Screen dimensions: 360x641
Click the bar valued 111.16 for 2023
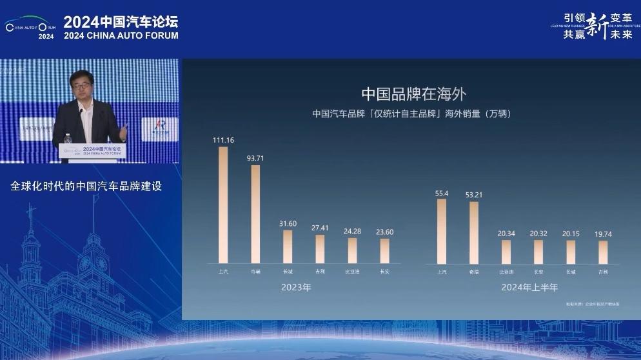tap(223, 205)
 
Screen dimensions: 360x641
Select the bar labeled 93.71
tap(255, 214)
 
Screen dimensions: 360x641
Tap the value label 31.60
tap(288, 223)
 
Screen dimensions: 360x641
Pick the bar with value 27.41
tap(320, 249)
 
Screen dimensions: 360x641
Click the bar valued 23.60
tap(384, 251)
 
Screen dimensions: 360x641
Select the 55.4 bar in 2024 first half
tap(442, 231)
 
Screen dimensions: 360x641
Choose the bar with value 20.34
tap(506, 252)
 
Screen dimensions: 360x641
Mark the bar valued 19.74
tap(603, 252)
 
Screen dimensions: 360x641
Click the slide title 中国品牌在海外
tap(413, 94)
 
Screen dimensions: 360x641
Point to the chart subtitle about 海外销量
tap(411, 114)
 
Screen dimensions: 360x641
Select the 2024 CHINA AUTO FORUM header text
tap(121, 36)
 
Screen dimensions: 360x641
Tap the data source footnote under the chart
tap(592, 303)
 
